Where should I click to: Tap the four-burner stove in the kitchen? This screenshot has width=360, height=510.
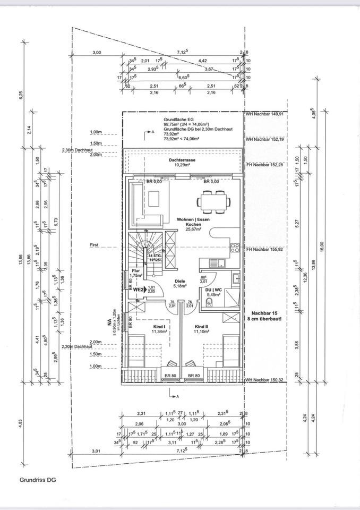click(235, 247)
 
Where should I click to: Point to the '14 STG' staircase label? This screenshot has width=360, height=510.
click(155, 256)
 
